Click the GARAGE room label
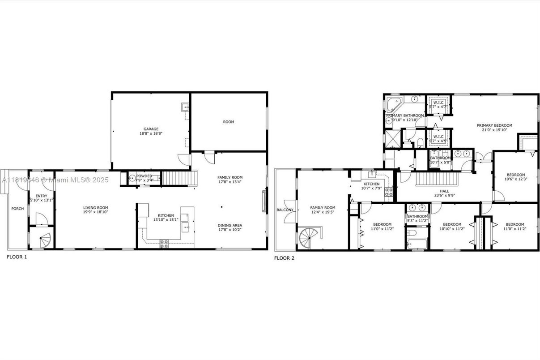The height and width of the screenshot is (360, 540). click(151, 129)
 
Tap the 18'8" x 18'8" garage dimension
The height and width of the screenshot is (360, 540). click(151, 133)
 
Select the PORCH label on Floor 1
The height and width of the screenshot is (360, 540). click(17, 209)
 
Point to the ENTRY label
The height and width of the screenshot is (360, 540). click(41, 196)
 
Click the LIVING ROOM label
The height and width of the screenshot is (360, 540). click(96, 207)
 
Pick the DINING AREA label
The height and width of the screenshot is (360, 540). click(230, 225)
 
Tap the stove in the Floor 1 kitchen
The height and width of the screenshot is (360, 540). click(164, 244)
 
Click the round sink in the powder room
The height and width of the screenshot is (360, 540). click(132, 178)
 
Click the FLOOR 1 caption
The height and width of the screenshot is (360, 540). click(17, 257)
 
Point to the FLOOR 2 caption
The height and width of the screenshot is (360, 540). click(284, 258)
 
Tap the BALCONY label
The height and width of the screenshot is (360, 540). click(285, 210)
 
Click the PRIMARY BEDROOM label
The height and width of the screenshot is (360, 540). click(494, 125)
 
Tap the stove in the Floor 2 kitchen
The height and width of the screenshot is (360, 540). click(389, 192)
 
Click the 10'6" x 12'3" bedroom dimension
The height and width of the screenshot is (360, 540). click(515, 179)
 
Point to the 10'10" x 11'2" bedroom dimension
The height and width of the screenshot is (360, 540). click(452, 229)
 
